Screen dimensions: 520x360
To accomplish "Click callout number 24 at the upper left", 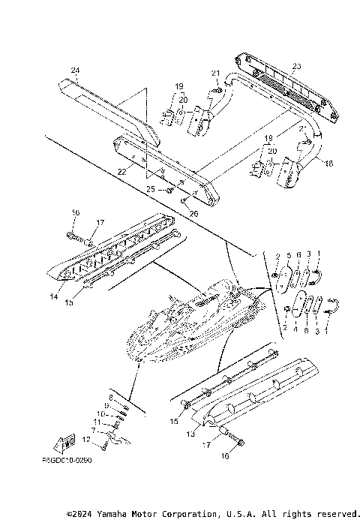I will (75, 71).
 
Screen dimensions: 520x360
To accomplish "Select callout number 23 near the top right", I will (296, 66).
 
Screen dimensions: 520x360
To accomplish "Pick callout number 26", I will (193, 214).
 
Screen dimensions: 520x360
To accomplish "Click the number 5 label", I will (289, 256).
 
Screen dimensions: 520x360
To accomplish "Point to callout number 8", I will (110, 397).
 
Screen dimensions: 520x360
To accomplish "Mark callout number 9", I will (107, 405).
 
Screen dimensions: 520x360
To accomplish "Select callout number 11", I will (100, 422).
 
